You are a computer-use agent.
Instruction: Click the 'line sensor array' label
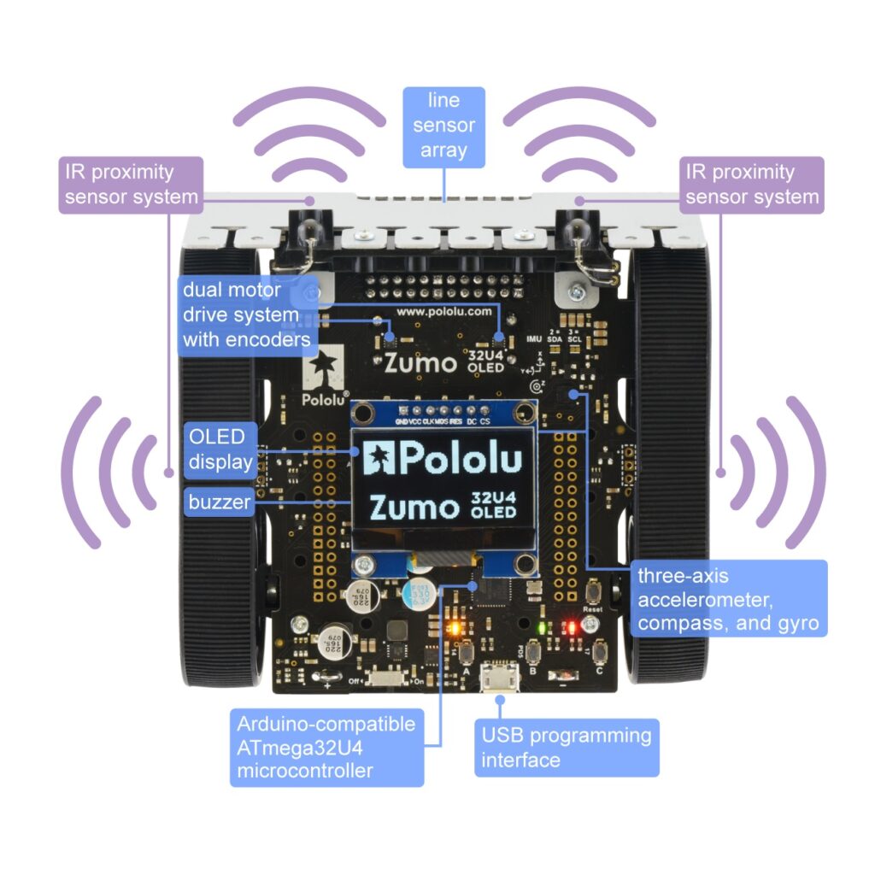pyautogui.click(x=443, y=126)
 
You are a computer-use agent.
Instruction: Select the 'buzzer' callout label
pyautogui.click(x=220, y=502)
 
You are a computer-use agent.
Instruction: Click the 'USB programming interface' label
pyautogui.click(x=567, y=746)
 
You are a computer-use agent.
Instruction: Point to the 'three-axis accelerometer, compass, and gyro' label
pyautogui.click(x=729, y=598)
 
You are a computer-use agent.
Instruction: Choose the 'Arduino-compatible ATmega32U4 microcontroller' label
pyautogui.click(x=327, y=747)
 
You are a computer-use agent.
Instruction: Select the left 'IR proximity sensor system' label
pyautogui.click(x=130, y=185)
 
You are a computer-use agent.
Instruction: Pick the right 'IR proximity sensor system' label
pyautogui.click(x=752, y=185)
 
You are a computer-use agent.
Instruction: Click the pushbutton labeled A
pyautogui.click(x=467, y=655)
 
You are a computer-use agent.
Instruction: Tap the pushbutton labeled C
pyautogui.click(x=601, y=652)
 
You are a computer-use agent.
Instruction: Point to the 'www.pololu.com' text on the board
pyautogui.click(x=443, y=312)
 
